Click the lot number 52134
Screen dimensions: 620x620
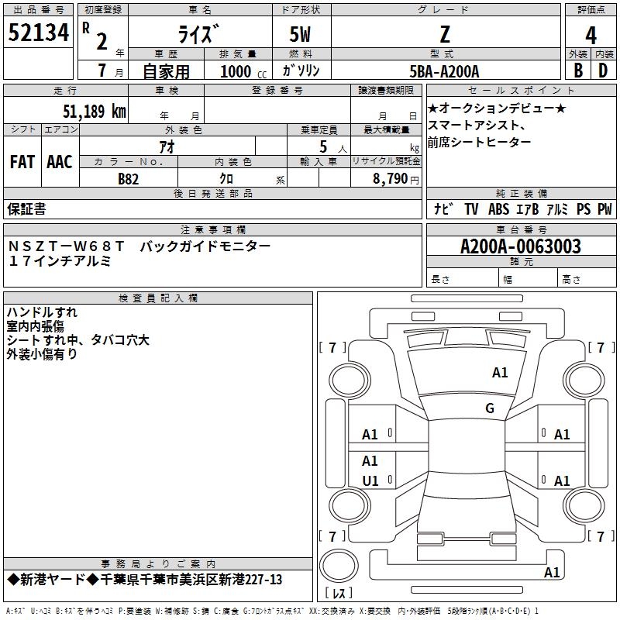(38, 33)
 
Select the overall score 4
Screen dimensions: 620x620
(591, 36)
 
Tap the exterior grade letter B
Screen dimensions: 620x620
(578, 71)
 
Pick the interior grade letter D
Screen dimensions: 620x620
(603, 71)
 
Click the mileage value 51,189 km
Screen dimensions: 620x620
(95, 111)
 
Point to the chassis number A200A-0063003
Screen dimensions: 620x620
(521, 246)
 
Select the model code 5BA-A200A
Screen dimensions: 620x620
(444, 71)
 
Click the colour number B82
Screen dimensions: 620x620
(128, 179)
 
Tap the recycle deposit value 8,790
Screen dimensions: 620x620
(390, 179)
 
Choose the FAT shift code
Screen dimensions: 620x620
(22, 162)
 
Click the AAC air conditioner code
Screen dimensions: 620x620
(60, 162)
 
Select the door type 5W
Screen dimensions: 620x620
(300, 34)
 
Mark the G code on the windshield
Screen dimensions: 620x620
(490, 408)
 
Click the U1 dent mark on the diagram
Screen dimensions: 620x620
(370, 480)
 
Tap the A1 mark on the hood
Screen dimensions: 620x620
(500, 372)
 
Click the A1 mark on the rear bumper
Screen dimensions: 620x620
(552, 572)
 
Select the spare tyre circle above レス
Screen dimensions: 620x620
(339, 566)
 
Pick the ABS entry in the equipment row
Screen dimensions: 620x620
(498, 208)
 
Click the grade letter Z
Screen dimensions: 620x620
(445, 34)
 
